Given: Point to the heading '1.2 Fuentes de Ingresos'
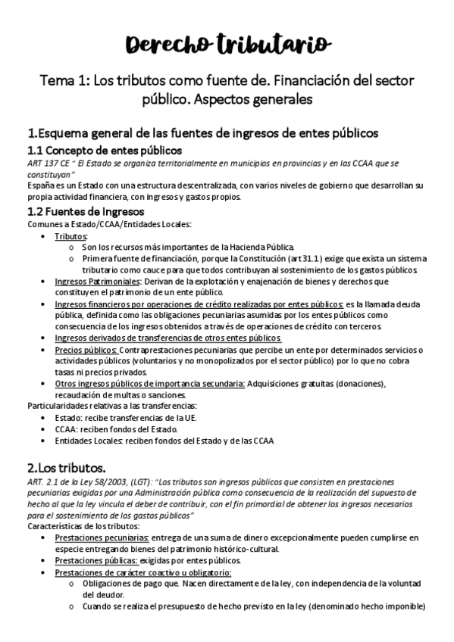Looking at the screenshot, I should pos(85,211).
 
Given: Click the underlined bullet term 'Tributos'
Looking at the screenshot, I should pos(70,237).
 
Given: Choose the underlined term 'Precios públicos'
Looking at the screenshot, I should pos(86,351).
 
